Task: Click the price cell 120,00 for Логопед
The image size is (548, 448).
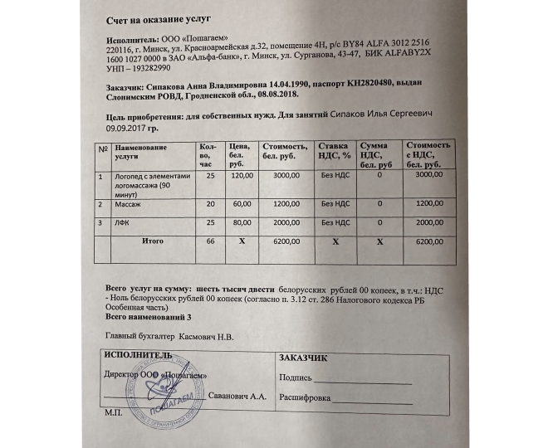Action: tap(242, 176)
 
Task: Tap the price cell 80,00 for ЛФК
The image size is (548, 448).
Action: tap(242, 222)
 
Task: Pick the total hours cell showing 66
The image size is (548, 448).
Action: tap(210, 241)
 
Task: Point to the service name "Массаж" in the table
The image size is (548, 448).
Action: tap(129, 203)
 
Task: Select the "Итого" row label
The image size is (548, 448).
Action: tap(152, 241)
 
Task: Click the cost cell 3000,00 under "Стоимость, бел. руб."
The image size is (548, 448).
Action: tap(286, 176)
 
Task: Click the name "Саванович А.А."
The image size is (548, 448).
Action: tap(237, 398)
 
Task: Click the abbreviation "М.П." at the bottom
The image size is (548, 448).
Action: tap(110, 412)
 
